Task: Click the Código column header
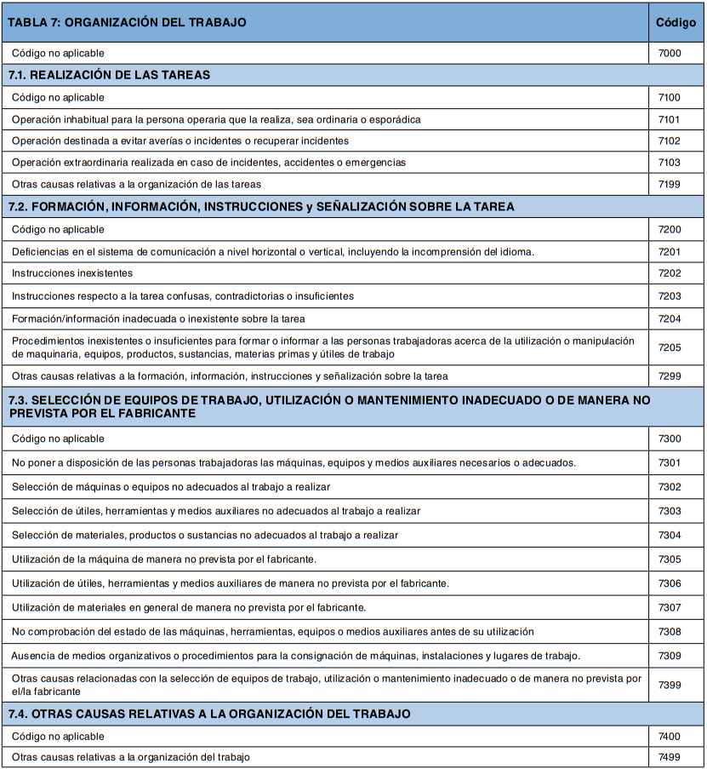pyautogui.click(x=676, y=23)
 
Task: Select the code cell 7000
pyautogui.click(x=670, y=54)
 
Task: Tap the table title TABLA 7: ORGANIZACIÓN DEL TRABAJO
pyautogui.click(x=127, y=23)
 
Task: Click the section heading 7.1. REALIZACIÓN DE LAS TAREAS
pyautogui.click(x=109, y=75)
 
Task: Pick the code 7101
pyautogui.click(x=670, y=120)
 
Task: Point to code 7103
pyautogui.click(x=670, y=162)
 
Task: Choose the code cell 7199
pyautogui.click(x=670, y=184)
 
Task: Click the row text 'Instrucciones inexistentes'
pyautogui.click(x=72, y=273)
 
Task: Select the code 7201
pyautogui.click(x=670, y=251)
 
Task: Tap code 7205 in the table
pyautogui.click(x=670, y=347)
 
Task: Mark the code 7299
pyautogui.click(x=670, y=376)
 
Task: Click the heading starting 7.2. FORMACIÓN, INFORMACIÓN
pyautogui.click(x=261, y=207)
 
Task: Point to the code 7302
pyautogui.click(x=670, y=486)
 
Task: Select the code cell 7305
pyautogui.click(x=670, y=560)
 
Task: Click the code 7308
pyautogui.click(x=670, y=632)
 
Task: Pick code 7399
pyautogui.click(x=670, y=685)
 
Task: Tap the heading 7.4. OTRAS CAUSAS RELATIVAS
pyautogui.click(x=209, y=714)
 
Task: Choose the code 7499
pyautogui.click(x=670, y=757)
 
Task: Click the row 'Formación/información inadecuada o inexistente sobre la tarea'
pyautogui.click(x=158, y=319)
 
